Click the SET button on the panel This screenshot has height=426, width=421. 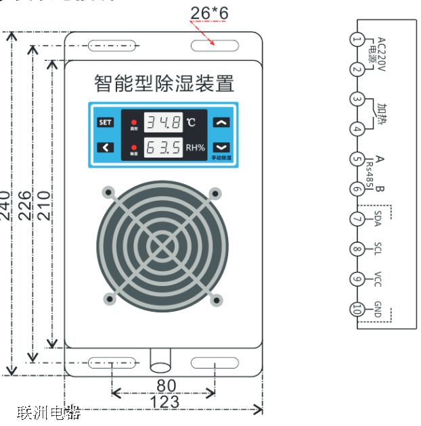[105, 122]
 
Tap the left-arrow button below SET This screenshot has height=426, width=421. [105, 147]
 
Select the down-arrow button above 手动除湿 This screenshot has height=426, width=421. [221, 147]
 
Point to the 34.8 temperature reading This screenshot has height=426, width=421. [165, 122]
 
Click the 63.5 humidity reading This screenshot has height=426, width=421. [165, 147]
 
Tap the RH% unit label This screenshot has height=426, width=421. [196, 147]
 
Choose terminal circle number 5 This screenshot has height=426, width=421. [357, 160]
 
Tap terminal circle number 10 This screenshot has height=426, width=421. [357, 310]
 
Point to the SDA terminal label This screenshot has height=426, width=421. [378, 218]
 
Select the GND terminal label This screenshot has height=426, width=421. [378, 309]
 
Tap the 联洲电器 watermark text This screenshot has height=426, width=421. [49, 412]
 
